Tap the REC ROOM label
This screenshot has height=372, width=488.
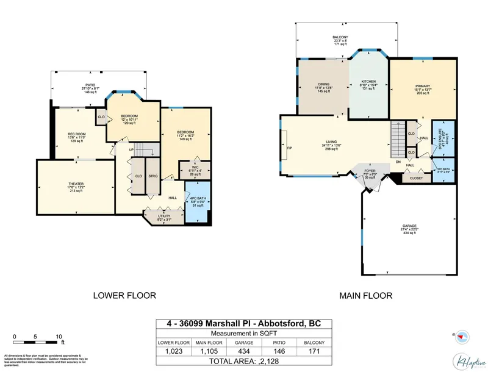pos(76,134)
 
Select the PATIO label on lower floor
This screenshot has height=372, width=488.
pos(90,85)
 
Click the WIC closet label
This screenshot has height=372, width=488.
pos(194,167)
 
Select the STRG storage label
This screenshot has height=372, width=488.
pos(152,177)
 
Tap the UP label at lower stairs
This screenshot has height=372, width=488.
pos(131,149)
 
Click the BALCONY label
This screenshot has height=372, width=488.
pos(340,38)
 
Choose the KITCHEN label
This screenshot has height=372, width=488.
pos(368,81)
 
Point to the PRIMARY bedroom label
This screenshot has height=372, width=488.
pos(422,86)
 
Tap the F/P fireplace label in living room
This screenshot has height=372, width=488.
pos(290,148)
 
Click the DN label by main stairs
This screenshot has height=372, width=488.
pos(398,162)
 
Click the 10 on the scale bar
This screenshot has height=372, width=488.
pos(59,337)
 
